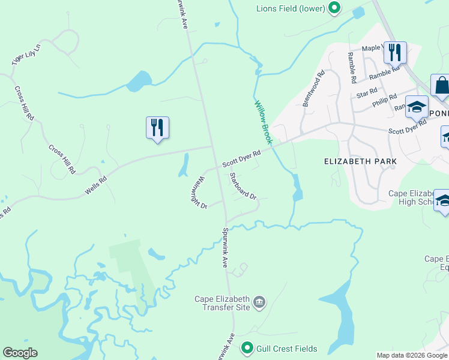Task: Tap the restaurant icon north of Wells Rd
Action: [157, 128]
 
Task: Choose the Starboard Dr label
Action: [243, 186]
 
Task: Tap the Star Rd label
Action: [366, 94]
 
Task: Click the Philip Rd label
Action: [384, 100]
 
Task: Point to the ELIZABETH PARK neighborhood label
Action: [360, 161]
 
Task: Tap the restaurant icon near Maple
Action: [395, 53]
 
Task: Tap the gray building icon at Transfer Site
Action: [259, 302]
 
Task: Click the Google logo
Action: [20, 353]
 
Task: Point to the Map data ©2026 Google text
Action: [411, 355]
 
